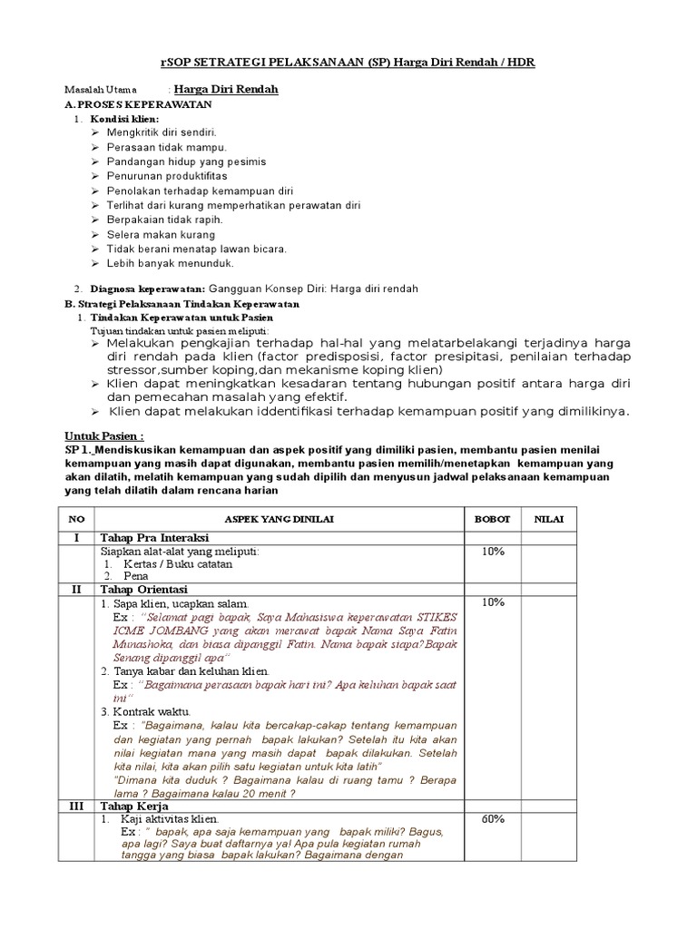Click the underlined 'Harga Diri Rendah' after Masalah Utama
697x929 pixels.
(225, 89)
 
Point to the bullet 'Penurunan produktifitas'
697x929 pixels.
(166, 176)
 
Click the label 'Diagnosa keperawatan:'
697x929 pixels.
(145, 289)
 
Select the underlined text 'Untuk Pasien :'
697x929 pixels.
(104, 436)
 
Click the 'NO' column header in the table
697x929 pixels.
(77, 520)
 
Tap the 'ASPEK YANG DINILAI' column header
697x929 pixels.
(280, 520)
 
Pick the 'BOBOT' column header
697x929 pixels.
(493, 520)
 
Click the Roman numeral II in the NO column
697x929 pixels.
(77, 590)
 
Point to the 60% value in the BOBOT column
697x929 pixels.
(493, 819)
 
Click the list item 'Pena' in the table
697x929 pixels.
(136, 576)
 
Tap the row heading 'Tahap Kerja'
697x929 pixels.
(134, 806)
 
